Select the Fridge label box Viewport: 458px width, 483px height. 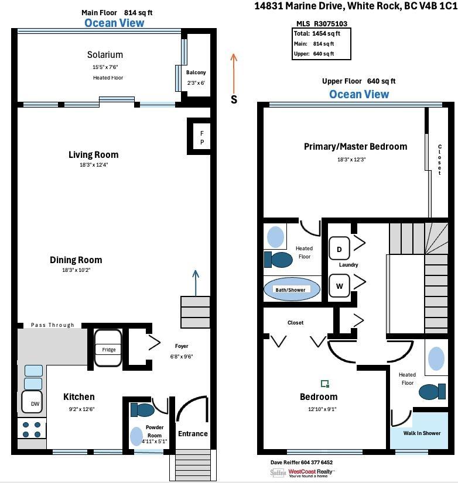coord(109,350)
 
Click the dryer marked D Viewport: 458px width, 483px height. coord(339,249)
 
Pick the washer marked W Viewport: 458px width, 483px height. coord(339,287)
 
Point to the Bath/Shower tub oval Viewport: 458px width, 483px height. coord(292,289)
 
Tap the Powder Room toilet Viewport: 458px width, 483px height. coord(142,409)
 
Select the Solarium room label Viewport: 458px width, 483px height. coord(105,55)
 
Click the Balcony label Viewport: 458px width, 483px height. coord(196,73)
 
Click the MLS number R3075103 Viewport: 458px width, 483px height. coord(331,24)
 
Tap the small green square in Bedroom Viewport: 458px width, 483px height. coord(324,384)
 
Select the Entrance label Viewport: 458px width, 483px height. coord(193,433)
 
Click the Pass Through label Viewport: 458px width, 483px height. coord(53,325)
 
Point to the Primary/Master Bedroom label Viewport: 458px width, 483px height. coord(355,146)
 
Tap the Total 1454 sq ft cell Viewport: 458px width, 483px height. coord(321,34)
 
